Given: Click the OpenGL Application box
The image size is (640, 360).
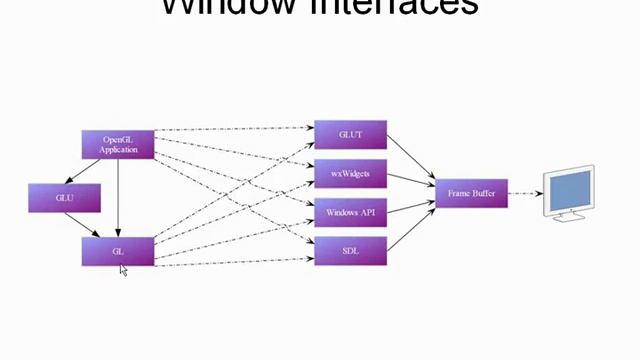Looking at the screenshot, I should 118,144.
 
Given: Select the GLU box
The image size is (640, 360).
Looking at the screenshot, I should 65,198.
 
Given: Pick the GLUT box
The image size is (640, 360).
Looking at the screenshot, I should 350,134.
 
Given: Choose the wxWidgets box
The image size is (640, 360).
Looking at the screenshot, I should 350,173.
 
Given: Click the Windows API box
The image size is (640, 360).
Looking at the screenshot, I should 350,212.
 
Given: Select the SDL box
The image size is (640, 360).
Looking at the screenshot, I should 350,251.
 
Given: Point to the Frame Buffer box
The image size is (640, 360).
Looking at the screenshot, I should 471,193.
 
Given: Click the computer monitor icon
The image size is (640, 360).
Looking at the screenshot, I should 567,192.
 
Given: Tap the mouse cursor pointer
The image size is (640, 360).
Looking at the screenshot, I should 123,270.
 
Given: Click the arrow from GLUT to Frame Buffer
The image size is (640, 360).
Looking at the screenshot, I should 411,158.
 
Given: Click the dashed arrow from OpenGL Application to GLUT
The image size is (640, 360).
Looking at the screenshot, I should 235,130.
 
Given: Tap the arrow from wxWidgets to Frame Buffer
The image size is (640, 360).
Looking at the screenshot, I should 411,181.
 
